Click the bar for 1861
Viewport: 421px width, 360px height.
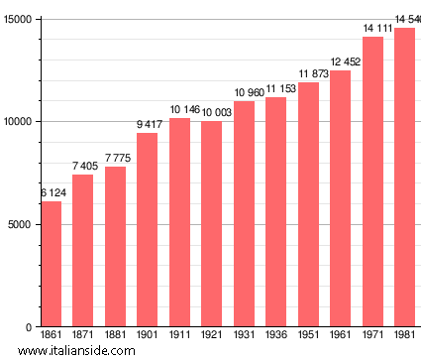pyautogui.click(x=51, y=264)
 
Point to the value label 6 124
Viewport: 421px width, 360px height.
pyautogui.click(x=51, y=192)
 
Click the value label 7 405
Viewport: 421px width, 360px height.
pyautogui.click(x=83, y=167)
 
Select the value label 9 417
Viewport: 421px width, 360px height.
pyautogui.click(x=147, y=125)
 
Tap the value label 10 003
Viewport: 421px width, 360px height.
pyautogui.click(x=211, y=113)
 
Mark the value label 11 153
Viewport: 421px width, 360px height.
pyautogui.click(x=275, y=89)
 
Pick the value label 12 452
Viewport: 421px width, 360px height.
pyautogui.click(x=340, y=62)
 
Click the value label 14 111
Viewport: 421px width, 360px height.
pyautogui.click(x=372, y=29)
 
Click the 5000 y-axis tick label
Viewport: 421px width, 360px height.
pyautogui.click(x=21, y=224)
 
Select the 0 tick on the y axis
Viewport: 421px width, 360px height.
pyautogui.click(x=30, y=327)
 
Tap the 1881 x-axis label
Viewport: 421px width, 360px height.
pyautogui.click(x=115, y=336)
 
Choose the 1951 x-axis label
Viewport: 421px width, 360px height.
pyautogui.click(x=308, y=336)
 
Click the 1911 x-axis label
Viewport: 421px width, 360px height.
pyautogui.click(x=179, y=336)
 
